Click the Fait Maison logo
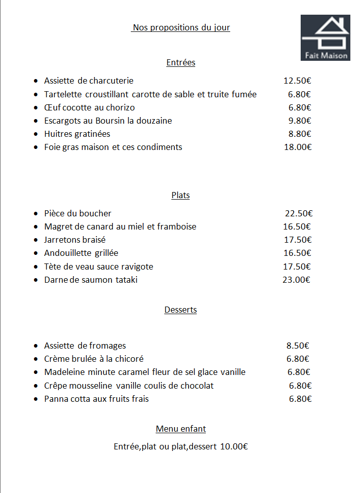(325, 37)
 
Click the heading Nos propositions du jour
(181, 27)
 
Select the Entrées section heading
(181, 63)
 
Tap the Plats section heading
(181, 196)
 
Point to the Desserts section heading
(181, 310)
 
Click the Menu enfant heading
(181, 429)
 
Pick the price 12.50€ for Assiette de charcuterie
(297, 81)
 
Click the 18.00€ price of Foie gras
(298, 147)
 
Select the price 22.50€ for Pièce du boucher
(299, 214)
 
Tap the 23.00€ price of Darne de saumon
(296, 280)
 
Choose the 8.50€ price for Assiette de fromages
(298, 346)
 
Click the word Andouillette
(67, 253)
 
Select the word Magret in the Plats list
(57, 227)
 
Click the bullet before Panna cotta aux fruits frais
(35, 399)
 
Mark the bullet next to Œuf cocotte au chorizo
(35, 108)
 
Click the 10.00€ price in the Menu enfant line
(234, 447)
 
